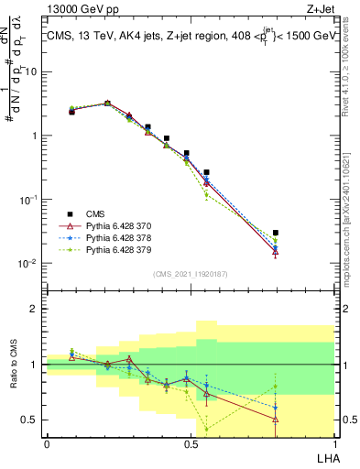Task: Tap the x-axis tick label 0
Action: coord(47,443)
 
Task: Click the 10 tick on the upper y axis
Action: coord(30,71)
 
